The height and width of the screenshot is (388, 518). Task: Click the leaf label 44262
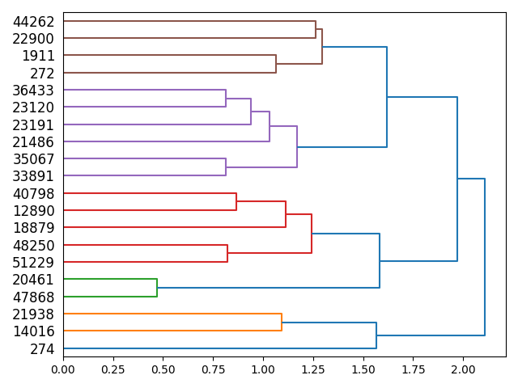coord(33,21)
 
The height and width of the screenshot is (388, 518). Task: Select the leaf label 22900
coord(33,39)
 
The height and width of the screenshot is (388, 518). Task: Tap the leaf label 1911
coord(38,56)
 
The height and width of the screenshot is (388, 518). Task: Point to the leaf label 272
coord(43,73)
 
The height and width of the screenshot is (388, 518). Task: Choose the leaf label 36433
coord(33,91)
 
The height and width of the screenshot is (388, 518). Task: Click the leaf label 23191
coord(33,124)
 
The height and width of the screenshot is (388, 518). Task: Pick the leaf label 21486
coord(33,142)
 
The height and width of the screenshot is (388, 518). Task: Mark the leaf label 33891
coord(33,176)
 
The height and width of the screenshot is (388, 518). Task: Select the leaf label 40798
coord(33,194)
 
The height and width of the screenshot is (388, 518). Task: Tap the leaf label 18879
coord(33,228)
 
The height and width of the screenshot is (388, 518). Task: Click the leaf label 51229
coord(33,262)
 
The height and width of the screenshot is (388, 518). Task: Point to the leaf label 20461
coord(33,280)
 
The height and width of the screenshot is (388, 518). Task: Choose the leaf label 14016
coord(33,331)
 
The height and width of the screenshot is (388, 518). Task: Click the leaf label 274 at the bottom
coord(43,349)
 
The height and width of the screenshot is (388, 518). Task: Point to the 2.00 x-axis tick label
coord(463,369)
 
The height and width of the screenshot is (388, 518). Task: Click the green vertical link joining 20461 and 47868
coord(157,288)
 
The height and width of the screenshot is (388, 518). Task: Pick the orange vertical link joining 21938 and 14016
coord(282,322)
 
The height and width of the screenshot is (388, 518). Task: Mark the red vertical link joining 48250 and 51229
coord(227,254)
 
